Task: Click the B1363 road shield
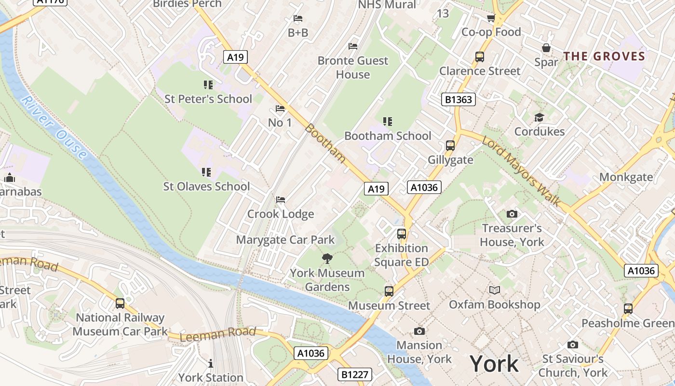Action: [459, 100]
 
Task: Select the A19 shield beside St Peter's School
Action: [235, 57]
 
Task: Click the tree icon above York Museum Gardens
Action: [327, 258]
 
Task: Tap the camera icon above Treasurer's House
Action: [512, 214]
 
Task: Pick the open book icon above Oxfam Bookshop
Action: [495, 290]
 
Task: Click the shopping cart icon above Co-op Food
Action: [491, 18]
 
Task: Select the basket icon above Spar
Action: [546, 48]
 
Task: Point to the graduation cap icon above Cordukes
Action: [539, 118]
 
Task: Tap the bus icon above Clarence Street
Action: [480, 56]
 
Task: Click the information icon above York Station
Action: [210, 363]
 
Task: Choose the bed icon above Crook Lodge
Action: [281, 200]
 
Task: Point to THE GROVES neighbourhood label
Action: [604, 56]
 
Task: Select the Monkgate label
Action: [626, 177]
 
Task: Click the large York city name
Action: [494, 363]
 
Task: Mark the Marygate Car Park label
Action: [285, 240]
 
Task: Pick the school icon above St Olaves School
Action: [206, 172]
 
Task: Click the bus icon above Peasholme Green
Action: [628, 308]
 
